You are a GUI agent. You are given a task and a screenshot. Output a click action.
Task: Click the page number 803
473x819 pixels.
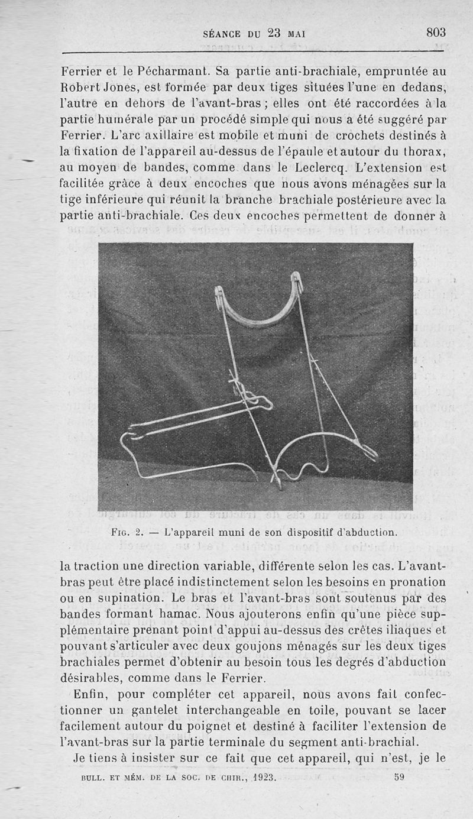(x=436, y=33)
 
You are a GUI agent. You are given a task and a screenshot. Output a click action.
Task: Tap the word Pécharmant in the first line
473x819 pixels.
(x=173, y=73)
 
